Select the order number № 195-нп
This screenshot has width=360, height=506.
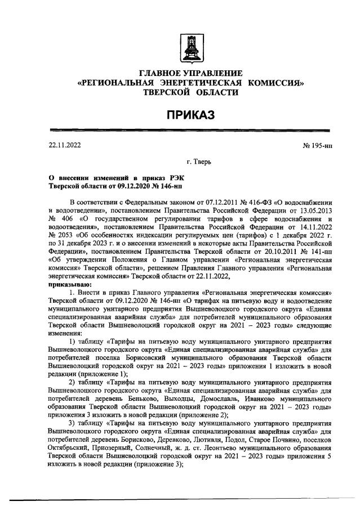click(x=318, y=145)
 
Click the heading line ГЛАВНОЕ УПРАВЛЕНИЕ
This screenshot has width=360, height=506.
click(x=190, y=73)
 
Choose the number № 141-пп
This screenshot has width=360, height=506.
click(x=317, y=253)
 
